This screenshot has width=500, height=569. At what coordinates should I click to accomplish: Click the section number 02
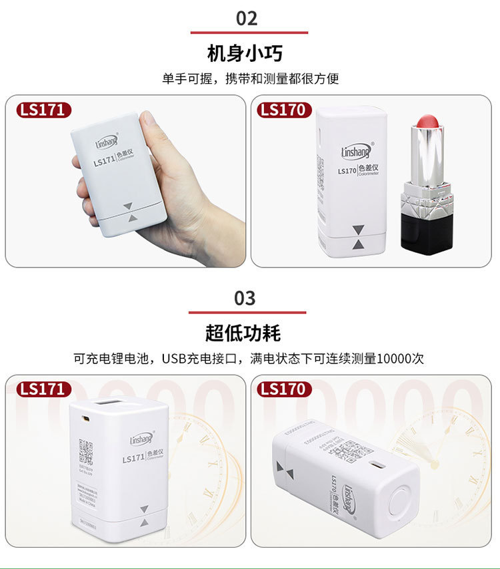pyautogui.click(x=247, y=18)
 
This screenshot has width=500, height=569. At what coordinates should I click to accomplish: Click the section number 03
pyautogui.click(x=245, y=298)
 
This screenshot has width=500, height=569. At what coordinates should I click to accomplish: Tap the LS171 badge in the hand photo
pyautogui.click(x=43, y=110)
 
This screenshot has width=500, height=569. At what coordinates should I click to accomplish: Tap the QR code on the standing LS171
pyautogui.click(x=85, y=452)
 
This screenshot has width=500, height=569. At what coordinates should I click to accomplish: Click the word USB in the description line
pyautogui.click(x=178, y=358)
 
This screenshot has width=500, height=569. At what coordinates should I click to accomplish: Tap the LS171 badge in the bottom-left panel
pyautogui.click(x=43, y=389)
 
